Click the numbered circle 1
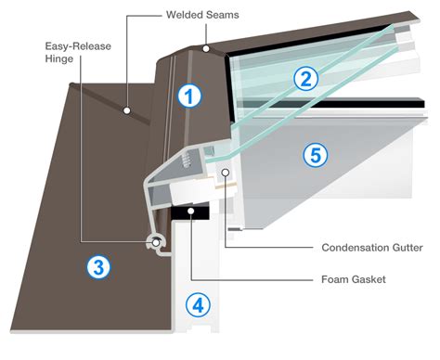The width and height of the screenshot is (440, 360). pos(189,95)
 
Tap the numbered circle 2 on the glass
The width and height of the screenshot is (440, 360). pos(305,79)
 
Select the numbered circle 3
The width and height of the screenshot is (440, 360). pos(98,267)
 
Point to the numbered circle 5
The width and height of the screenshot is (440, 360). pos(317,156)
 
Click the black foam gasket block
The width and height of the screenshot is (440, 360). pos(194,212)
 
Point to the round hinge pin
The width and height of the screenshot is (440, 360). pos(157,242)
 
